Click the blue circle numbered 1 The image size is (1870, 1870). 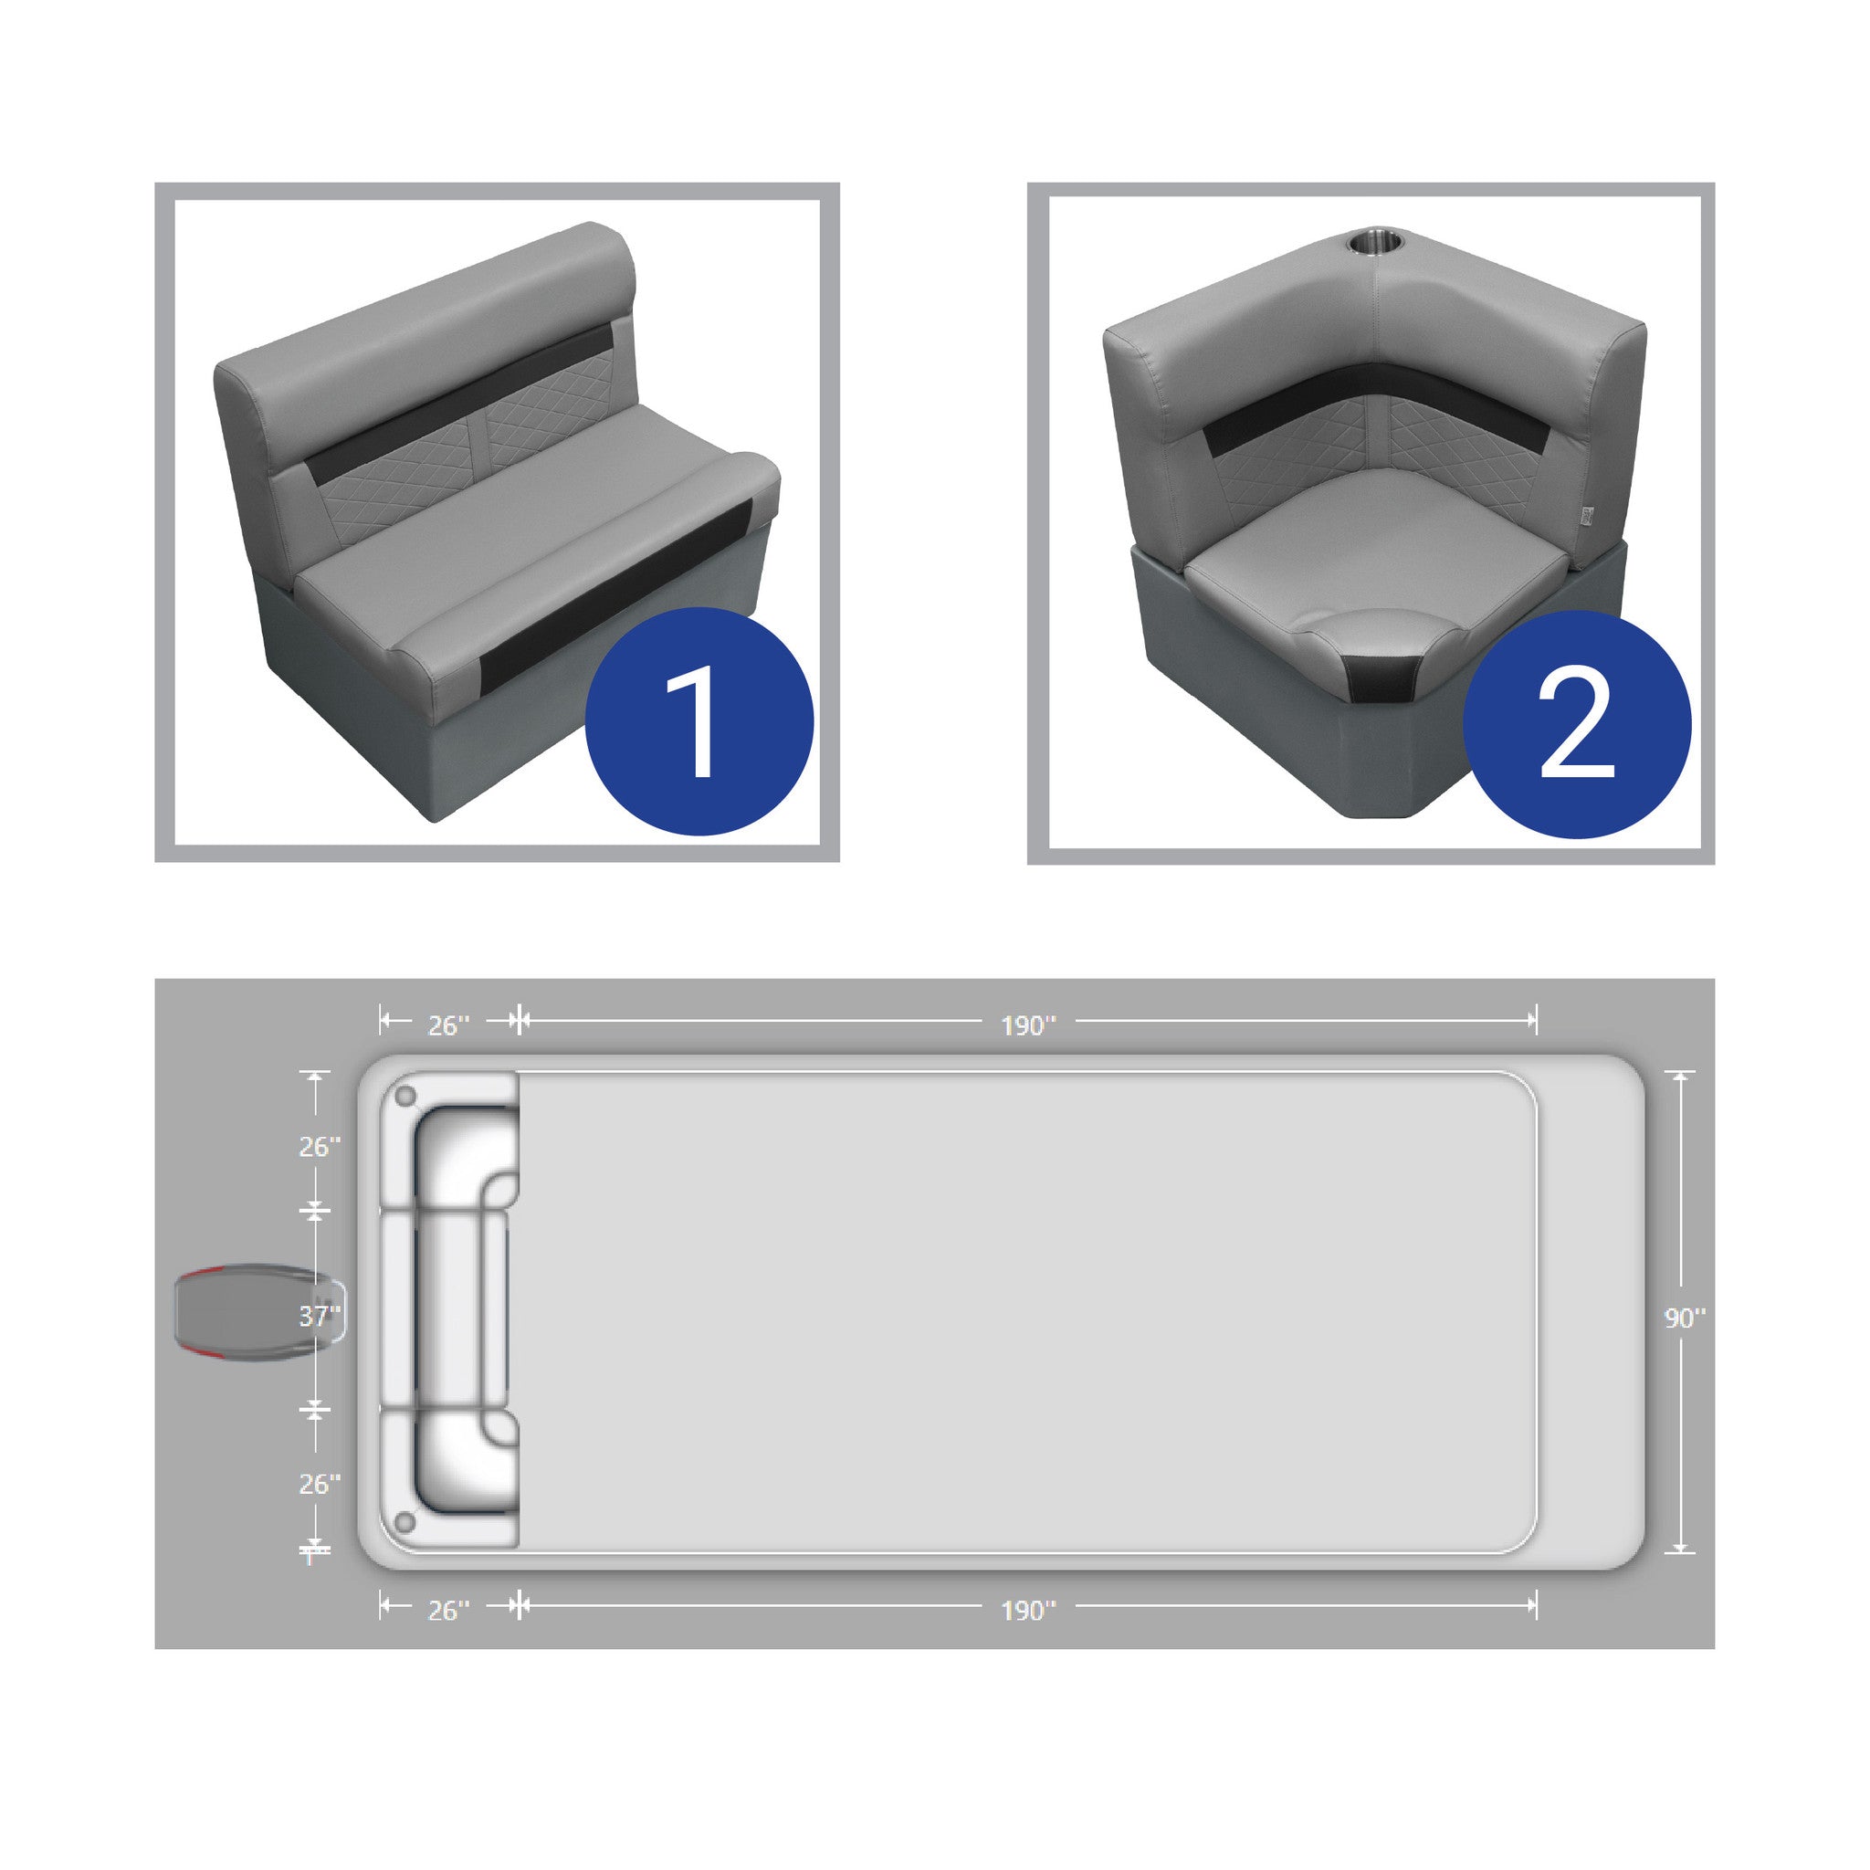tap(699, 721)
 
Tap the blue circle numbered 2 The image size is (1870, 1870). tap(1577, 724)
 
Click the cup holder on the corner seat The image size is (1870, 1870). tap(1374, 239)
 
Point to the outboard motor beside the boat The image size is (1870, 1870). tap(257, 1315)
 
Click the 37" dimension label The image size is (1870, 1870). tap(320, 1316)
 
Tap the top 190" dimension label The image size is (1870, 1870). tap(1028, 1025)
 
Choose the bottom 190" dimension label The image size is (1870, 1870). tap(1028, 1610)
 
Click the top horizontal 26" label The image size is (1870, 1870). tap(449, 1025)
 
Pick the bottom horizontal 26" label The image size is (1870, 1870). tap(449, 1610)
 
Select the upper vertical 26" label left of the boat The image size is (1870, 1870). tap(320, 1146)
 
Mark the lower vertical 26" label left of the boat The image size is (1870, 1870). tap(320, 1484)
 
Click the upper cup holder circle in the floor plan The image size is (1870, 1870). tap(405, 1096)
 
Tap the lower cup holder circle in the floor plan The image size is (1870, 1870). tap(405, 1524)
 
